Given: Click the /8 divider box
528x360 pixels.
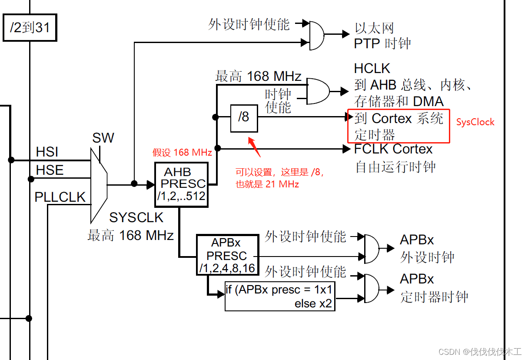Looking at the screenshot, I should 244,118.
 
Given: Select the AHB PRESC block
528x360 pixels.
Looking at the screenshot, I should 182,184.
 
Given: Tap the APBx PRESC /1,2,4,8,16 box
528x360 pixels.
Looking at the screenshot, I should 227,255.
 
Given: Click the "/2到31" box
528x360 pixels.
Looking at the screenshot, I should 30,28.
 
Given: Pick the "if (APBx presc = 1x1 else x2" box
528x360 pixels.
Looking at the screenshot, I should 280,296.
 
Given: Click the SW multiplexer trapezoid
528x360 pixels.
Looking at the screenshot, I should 99,184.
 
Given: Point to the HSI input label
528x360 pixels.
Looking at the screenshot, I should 47,152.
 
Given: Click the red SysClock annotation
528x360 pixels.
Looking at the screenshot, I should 475,122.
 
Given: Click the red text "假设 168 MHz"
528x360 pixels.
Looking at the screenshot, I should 182,153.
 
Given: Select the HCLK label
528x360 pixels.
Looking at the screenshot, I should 372,69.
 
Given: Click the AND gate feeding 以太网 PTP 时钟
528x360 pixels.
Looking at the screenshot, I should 316,35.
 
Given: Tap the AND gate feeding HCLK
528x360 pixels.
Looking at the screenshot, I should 317,91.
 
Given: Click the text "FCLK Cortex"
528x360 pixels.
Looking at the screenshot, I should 393,149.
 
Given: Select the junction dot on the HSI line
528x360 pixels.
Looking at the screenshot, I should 11,160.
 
